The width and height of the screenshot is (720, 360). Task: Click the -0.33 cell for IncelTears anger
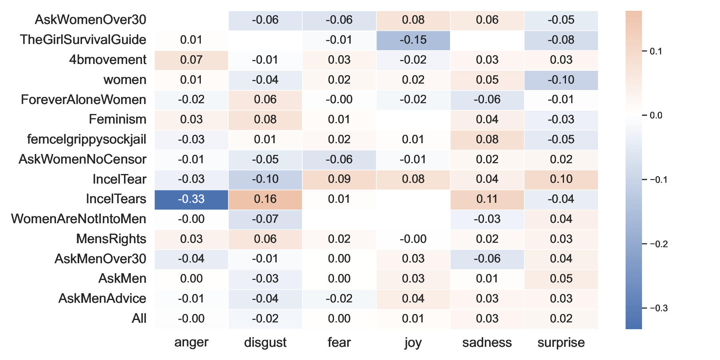(x=191, y=199)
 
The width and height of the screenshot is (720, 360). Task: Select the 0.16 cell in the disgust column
(x=265, y=199)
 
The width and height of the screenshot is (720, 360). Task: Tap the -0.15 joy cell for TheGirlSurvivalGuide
(x=413, y=40)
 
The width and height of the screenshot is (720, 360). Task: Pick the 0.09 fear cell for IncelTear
(x=339, y=179)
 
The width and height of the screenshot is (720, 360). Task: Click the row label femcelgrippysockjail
(x=86, y=140)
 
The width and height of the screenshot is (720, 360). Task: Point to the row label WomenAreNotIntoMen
(x=79, y=219)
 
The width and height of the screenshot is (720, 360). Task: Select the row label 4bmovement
(x=108, y=60)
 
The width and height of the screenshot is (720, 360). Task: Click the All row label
(x=139, y=319)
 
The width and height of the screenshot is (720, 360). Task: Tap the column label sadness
(x=487, y=342)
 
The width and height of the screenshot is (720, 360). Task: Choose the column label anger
(x=191, y=342)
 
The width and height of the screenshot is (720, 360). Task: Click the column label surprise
(x=561, y=342)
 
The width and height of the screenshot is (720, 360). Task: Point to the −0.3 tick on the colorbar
(x=658, y=308)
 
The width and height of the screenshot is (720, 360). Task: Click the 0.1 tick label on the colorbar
(x=656, y=51)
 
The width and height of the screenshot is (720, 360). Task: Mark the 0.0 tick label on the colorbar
(x=656, y=116)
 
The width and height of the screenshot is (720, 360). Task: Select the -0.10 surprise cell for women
(x=561, y=80)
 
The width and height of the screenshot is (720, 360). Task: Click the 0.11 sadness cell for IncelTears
(x=487, y=199)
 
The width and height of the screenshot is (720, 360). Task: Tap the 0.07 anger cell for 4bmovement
(x=191, y=60)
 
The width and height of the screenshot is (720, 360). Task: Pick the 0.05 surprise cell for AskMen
(x=561, y=279)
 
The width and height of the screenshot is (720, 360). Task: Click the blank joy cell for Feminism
(x=413, y=120)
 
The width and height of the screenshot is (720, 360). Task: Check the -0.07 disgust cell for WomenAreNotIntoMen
(x=265, y=219)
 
